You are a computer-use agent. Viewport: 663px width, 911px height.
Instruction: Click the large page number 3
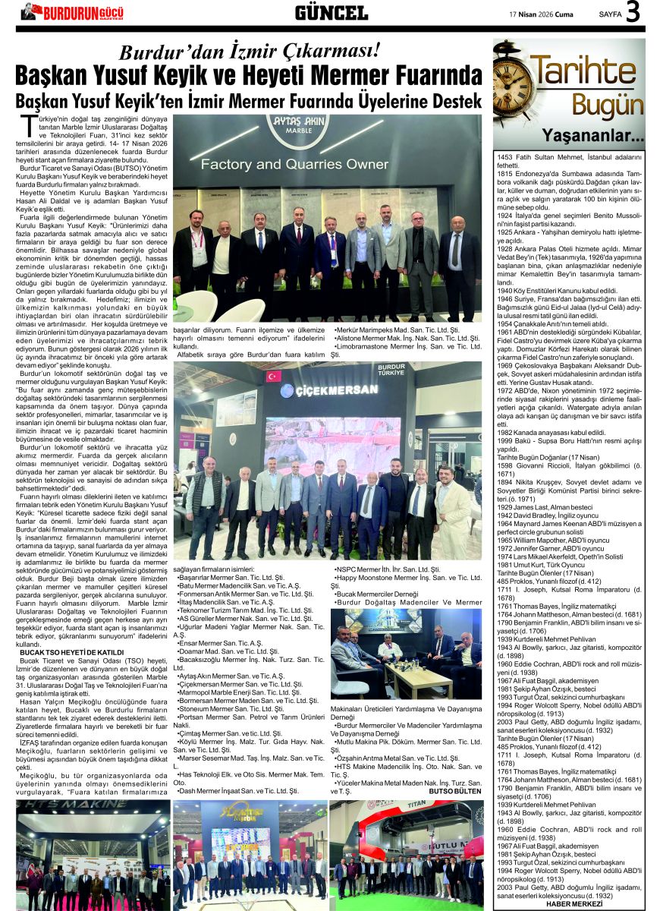633,12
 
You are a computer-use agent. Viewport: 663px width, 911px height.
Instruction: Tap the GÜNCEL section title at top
331,12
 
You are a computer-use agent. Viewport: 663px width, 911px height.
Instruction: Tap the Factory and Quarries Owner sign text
284,164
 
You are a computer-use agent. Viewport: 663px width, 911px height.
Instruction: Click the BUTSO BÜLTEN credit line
455,790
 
